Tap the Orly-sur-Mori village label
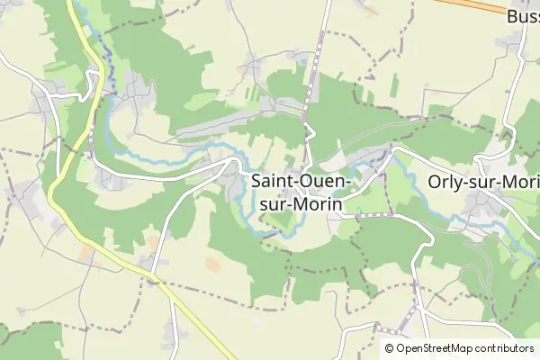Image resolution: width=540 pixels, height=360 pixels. tap(482, 182)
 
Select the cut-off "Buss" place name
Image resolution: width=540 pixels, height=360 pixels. tap(523, 16)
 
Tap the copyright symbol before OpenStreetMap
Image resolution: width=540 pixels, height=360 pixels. tap(389, 348)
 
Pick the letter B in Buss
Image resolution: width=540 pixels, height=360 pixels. tap(512, 16)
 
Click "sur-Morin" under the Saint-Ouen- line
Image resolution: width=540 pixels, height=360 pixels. tap(297, 204)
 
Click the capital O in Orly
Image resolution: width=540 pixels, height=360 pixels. tap(436, 182)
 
